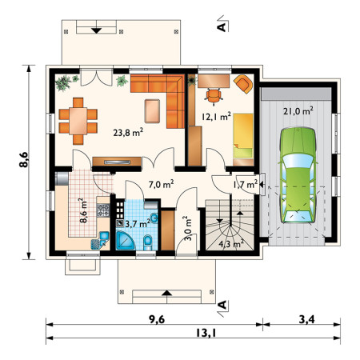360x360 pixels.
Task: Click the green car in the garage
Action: click(x=298, y=175)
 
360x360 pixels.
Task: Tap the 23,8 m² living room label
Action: click(x=128, y=132)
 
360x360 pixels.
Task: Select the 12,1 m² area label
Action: click(x=216, y=116)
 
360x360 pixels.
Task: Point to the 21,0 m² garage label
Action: click(x=298, y=110)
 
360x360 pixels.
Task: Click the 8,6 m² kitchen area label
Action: click(x=83, y=210)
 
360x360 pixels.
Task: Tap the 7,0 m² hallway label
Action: click(x=161, y=184)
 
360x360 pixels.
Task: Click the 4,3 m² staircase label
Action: click(x=231, y=243)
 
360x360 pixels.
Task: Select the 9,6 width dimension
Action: click(x=157, y=319)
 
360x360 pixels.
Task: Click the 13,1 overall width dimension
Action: click(x=206, y=333)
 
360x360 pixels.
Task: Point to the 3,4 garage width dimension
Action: click(x=306, y=319)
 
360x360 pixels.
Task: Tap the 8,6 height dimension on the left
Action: click(x=23, y=160)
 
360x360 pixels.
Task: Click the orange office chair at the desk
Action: click(x=214, y=95)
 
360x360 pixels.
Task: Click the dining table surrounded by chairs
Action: click(x=78, y=121)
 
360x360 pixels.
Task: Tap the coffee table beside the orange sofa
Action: click(x=152, y=111)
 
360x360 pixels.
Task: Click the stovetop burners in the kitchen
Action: click(x=103, y=210)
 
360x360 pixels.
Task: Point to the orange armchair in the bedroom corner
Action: click(x=243, y=84)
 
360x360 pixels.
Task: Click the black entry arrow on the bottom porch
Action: click(x=167, y=293)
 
